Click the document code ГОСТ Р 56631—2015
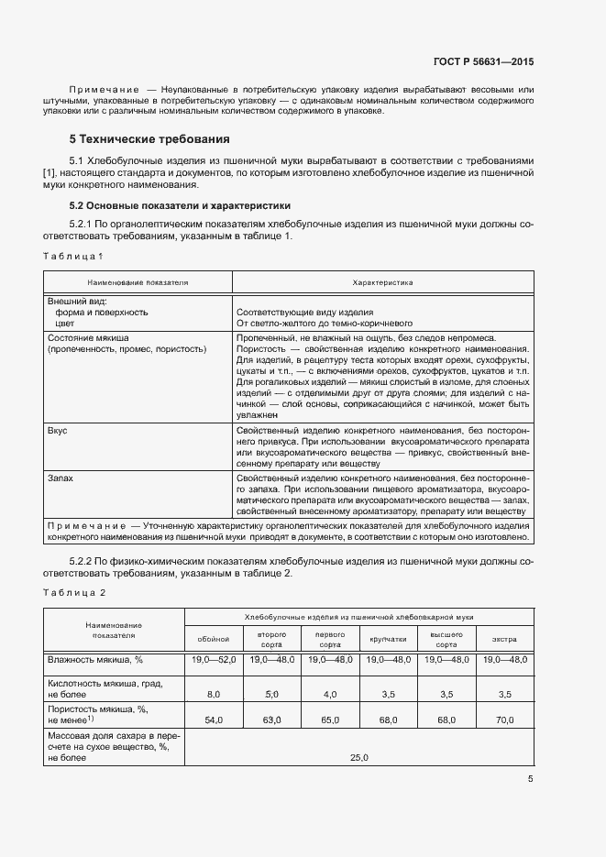tap(483, 62)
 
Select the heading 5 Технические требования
tap(149, 140)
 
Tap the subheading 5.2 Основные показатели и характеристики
tap(180, 206)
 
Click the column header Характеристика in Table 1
tap(382, 284)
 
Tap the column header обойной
tap(214, 639)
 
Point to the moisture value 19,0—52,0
tap(214, 660)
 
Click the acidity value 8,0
tap(214, 696)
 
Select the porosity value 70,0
tap(504, 721)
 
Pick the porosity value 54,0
tap(214, 721)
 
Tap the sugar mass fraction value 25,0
tap(358, 758)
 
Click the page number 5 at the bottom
tap(531, 780)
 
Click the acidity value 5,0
tap(271, 696)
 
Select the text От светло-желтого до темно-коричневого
tap(325, 324)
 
